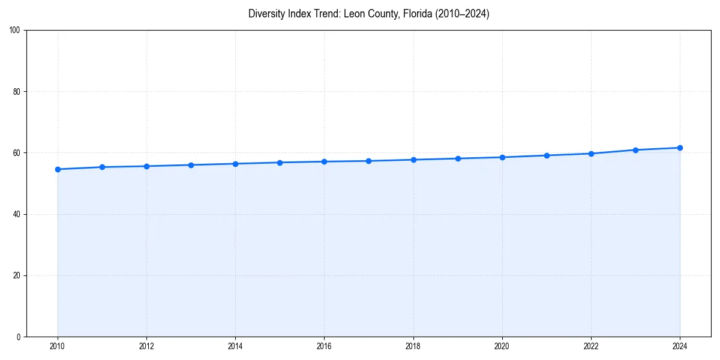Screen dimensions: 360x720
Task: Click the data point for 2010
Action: (x=58, y=169)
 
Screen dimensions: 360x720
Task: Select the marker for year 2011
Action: (x=102, y=167)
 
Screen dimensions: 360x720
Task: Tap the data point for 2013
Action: (x=191, y=165)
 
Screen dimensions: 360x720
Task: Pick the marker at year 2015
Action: (x=280, y=163)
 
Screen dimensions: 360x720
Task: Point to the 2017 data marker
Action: (x=368, y=161)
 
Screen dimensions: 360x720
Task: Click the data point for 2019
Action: (x=458, y=158)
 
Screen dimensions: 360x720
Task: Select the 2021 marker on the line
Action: (x=547, y=155)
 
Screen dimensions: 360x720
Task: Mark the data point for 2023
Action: (x=635, y=150)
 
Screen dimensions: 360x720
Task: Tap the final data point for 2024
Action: (x=680, y=148)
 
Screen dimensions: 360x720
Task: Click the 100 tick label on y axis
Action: (x=16, y=30)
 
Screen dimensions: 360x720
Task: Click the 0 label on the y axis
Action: (x=19, y=337)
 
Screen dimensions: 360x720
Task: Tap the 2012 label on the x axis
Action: (x=146, y=346)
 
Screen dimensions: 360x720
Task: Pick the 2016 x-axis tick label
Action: (x=324, y=346)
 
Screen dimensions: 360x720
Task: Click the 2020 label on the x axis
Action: (x=502, y=346)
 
